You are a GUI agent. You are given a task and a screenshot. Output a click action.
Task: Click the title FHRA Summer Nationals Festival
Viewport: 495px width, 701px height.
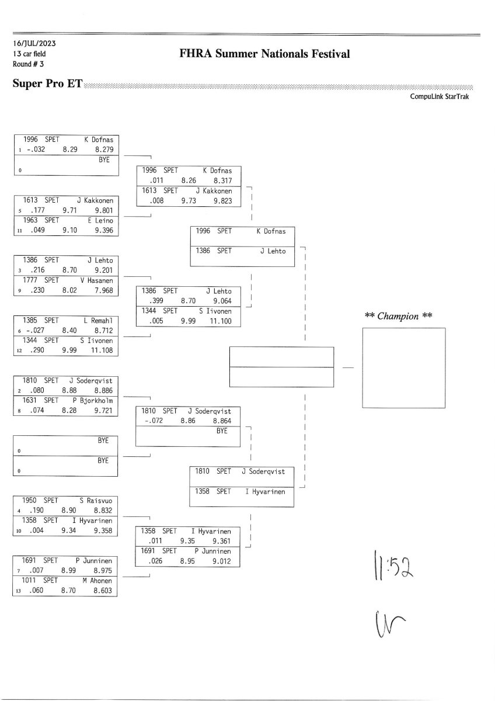tap(265, 54)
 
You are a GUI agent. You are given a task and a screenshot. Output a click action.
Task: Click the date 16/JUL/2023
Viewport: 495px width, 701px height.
tap(35, 43)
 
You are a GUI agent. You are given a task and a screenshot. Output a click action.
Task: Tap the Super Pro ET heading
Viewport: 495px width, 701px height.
tap(47, 84)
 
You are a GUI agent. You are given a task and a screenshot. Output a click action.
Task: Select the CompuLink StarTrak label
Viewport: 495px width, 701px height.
tap(443, 97)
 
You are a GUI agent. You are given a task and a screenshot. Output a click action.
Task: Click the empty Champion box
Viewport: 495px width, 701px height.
tap(403, 367)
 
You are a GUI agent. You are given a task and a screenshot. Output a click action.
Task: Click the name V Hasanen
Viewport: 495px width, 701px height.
tap(97, 280)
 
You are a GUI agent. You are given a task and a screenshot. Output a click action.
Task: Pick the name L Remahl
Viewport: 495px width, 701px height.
tap(100, 320)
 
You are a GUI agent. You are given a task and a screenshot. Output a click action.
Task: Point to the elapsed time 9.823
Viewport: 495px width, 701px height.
tap(222, 201)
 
